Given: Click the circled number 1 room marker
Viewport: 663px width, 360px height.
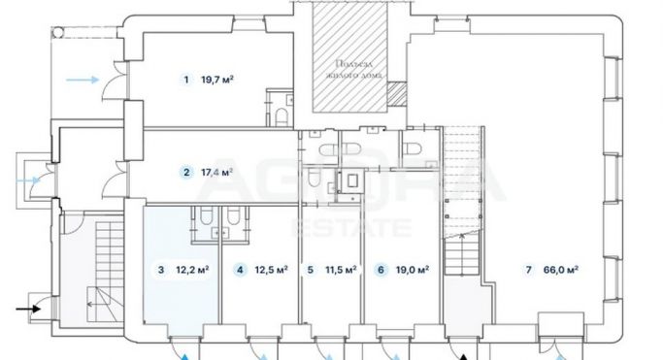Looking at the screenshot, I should (185, 80).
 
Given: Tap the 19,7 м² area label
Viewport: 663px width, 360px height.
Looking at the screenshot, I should (218, 80).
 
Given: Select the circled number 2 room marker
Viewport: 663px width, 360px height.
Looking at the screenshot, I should (185, 173).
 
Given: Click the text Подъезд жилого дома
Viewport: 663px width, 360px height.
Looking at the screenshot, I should (348, 65).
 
